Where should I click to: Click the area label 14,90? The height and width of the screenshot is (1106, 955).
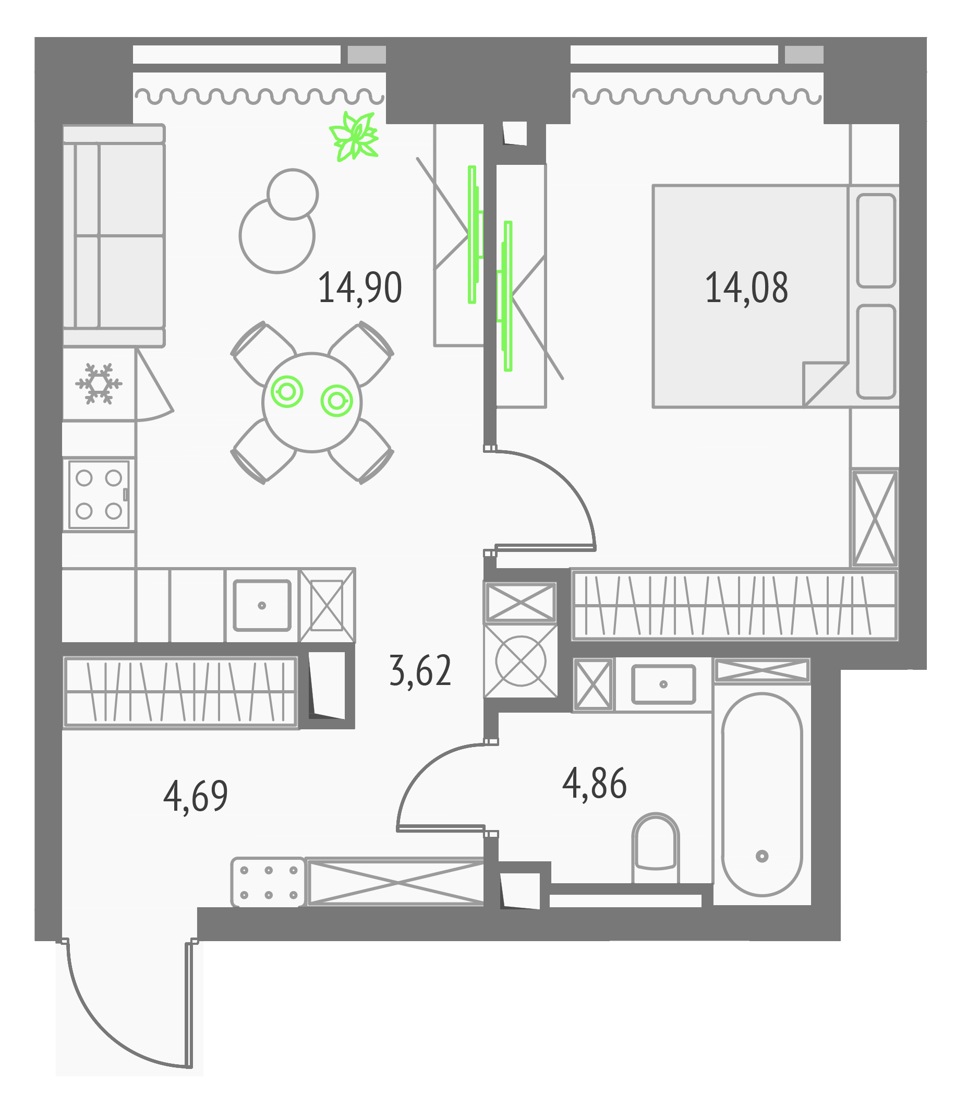[x=359, y=288]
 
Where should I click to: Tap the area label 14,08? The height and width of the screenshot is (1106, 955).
[x=746, y=288]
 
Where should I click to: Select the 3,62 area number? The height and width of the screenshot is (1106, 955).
[x=420, y=671]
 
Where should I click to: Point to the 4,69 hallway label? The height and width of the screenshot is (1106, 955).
[x=196, y=796]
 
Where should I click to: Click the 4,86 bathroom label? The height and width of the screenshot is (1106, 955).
[x=595, y=783]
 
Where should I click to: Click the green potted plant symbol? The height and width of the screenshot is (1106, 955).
[x=354, y=136]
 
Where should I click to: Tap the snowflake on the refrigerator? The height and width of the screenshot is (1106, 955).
[x=99, y=384]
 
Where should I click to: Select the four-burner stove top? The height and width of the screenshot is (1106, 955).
[x=99, y=494]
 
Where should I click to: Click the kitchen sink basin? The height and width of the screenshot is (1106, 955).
[x=262, y=605]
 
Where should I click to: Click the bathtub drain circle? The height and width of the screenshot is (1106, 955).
[x=762, y=856]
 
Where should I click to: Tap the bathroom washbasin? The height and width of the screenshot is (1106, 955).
[x=663, y=684]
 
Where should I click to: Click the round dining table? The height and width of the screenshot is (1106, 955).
[x=312, y=402]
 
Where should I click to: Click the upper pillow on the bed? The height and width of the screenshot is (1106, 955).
[x=876, y=241]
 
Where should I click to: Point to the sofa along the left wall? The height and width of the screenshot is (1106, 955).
[x=114, y=236]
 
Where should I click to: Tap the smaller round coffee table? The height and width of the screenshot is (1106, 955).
[x=293, y=194]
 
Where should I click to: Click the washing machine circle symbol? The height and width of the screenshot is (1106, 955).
[x=520, y=661]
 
